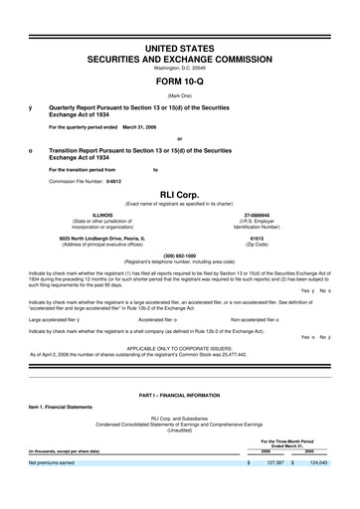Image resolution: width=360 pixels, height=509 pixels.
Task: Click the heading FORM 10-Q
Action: point(179,82)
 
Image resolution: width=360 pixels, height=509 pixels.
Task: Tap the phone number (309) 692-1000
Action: point(179,254)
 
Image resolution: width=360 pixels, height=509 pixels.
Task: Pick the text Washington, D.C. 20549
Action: point(179,68)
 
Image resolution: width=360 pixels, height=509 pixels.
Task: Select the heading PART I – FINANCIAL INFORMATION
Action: point(179,396)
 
